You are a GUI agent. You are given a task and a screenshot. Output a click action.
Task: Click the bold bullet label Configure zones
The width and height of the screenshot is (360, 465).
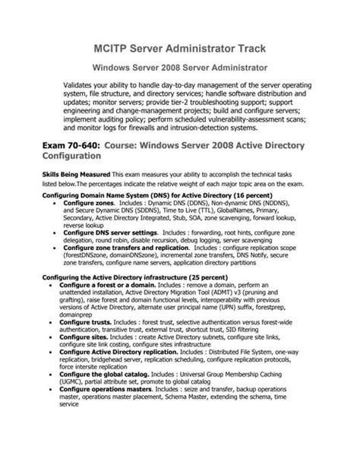click(87, 205)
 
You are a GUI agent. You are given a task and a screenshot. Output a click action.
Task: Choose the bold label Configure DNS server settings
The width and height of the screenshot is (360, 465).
click(111, 230)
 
